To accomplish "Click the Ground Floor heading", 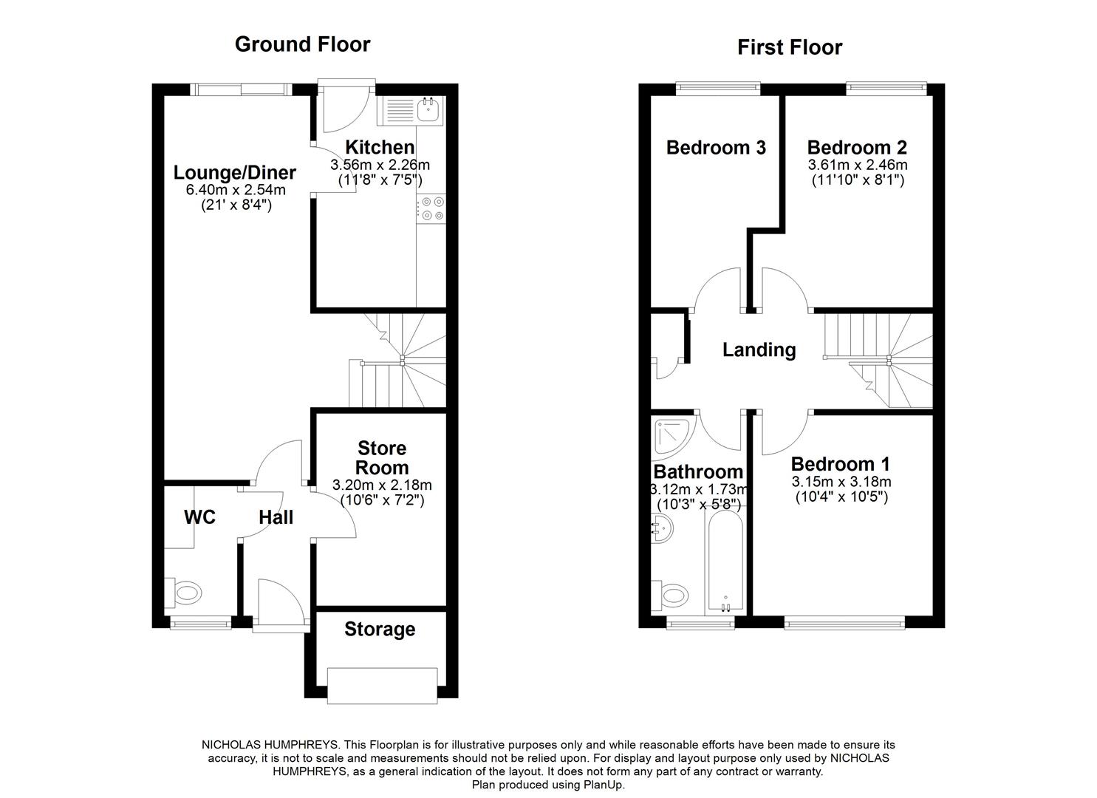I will [x=302, y=44].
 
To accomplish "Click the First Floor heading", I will [x=789, y=47].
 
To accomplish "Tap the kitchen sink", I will [x=428, y=111].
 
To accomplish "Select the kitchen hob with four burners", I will [x=431, y=208].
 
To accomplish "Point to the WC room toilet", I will [x=185, y=592].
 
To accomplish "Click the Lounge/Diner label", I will [x=234, y=173].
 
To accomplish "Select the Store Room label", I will [x=382, y=458].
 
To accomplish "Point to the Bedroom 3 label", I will [x=716, y=148].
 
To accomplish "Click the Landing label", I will [x=759, y=349].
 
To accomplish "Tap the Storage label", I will [x=380, y=630].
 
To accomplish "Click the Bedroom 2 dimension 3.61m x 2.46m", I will [x=857, y=165].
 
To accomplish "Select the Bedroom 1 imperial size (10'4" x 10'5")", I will [x=841, y=497].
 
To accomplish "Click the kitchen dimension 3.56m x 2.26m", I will [x=380, y=165].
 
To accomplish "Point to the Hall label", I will [x=276, y=517].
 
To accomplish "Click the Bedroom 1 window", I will [x=844, y=624].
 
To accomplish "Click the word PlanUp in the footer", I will [x=604, y=785].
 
